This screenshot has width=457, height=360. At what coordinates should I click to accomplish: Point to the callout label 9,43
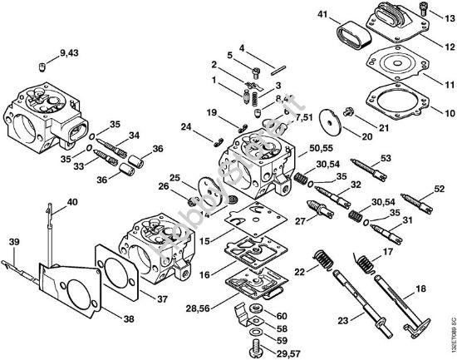tap(71, 56)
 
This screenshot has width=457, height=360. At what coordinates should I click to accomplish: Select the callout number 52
tap(440, 189)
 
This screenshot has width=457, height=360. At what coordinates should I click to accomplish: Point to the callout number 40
tap(72, 201)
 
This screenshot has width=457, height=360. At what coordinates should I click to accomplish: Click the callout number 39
tap(13, 241)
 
